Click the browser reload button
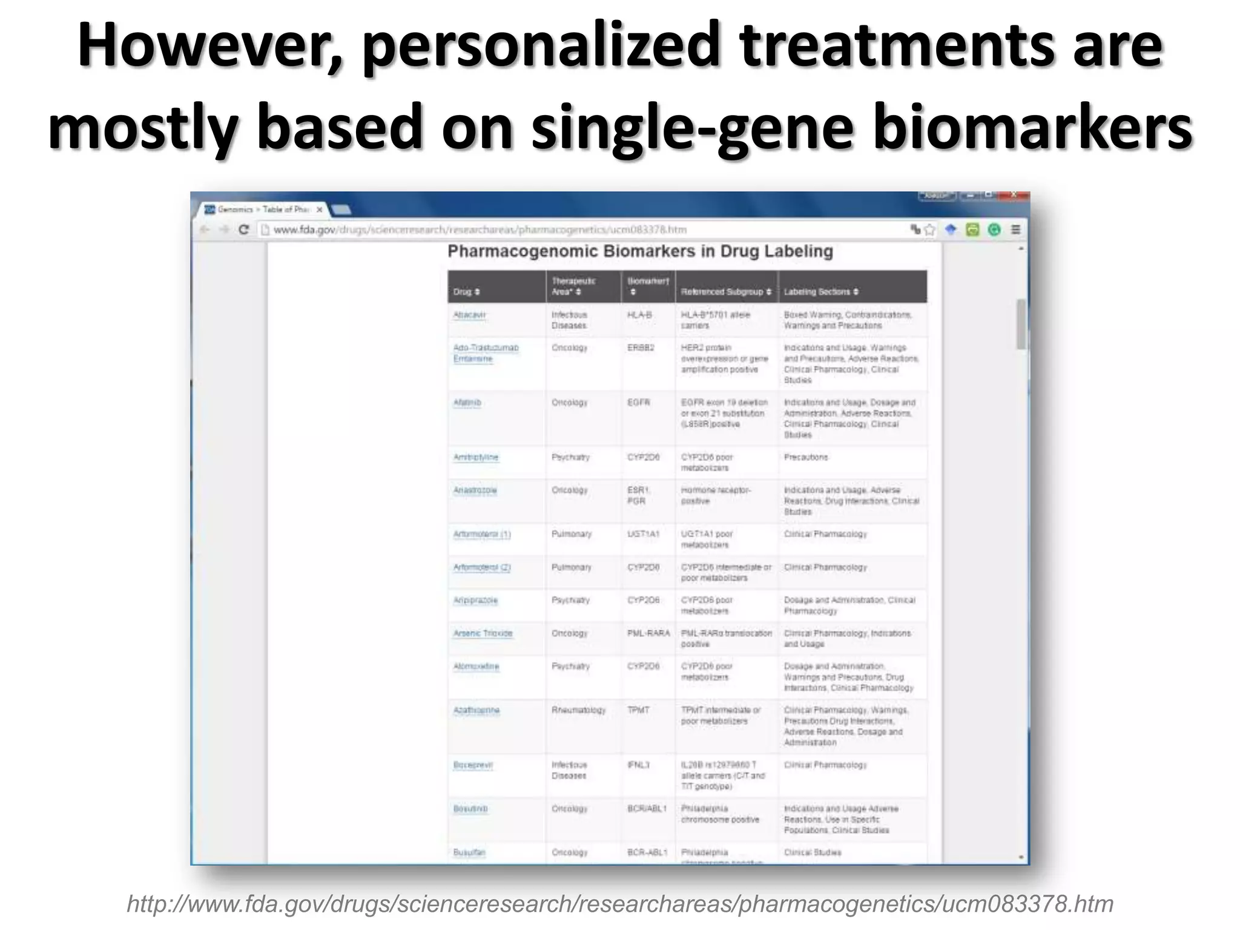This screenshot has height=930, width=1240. point(244,230)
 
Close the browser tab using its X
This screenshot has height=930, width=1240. point(320,209)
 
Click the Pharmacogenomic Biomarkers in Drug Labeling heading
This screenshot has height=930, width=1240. point(640,251)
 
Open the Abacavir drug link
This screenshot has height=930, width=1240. point(469,315)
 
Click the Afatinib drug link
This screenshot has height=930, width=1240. point(467,403)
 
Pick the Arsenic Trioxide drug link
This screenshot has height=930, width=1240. point(483,633)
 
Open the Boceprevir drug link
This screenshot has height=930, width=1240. point(473,765)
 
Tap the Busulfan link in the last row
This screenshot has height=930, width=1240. point(469,852)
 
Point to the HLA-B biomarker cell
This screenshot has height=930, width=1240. point(639,315)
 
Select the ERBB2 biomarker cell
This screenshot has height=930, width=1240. point(641,348)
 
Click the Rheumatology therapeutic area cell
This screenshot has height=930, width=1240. point(578,710)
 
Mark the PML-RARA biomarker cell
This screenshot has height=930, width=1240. point(648,633)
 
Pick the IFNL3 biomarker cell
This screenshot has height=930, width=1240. point(638,765)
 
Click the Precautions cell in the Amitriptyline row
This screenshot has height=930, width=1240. point(805,457)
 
